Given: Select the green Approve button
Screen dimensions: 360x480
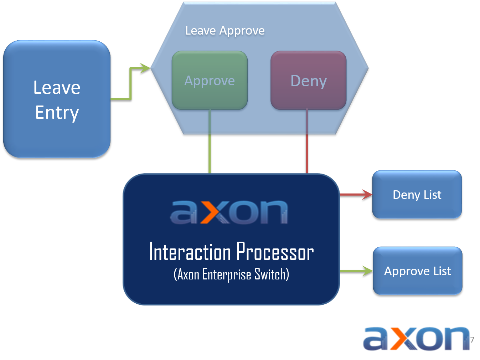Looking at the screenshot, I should pyautogui.click(x=210, y=81).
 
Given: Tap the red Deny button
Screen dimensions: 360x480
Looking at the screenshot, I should pyautogui.click(x=309, y=81).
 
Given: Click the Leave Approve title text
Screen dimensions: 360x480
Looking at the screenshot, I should pyautogui.click(x=225, y=31).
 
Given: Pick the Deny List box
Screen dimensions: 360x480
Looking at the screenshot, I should pyautogui.click(x=417, y=195).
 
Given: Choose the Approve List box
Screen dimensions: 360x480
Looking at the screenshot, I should pyautogui.click(x=417, y=271).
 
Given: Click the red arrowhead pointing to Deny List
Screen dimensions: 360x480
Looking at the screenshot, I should pyautogui.click(x=367, y=195).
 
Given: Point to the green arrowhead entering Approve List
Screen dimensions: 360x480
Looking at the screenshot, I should pyautogui.click(x=368, y=271).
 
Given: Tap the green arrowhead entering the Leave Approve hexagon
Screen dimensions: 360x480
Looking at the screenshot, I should pyautogui.click(x=145, y=68).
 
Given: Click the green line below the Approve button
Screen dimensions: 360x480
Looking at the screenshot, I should pyautogui.click(x=210, y=143).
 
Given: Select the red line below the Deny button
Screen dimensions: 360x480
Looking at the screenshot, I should pyautogui.click(x=307, y=143).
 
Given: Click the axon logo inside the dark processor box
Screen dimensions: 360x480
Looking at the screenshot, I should pyautogui.click(x=229, y=212).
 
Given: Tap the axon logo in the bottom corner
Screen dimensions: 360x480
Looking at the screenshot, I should pyautogui.click(x=416, y=339).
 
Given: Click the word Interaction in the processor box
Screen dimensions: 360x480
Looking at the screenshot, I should pyautogui.click(x=190, y=252).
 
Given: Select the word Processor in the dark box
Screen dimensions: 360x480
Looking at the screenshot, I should pyautogui.click(x=275, y=252).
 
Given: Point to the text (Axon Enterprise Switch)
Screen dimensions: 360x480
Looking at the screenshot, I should pyautogui.click(x=231, y=274).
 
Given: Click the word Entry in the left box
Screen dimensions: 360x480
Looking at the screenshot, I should pyautogui.click(x=57, y=113).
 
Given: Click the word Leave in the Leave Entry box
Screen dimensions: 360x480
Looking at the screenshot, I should pyautogui.click(x=57, y=88).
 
